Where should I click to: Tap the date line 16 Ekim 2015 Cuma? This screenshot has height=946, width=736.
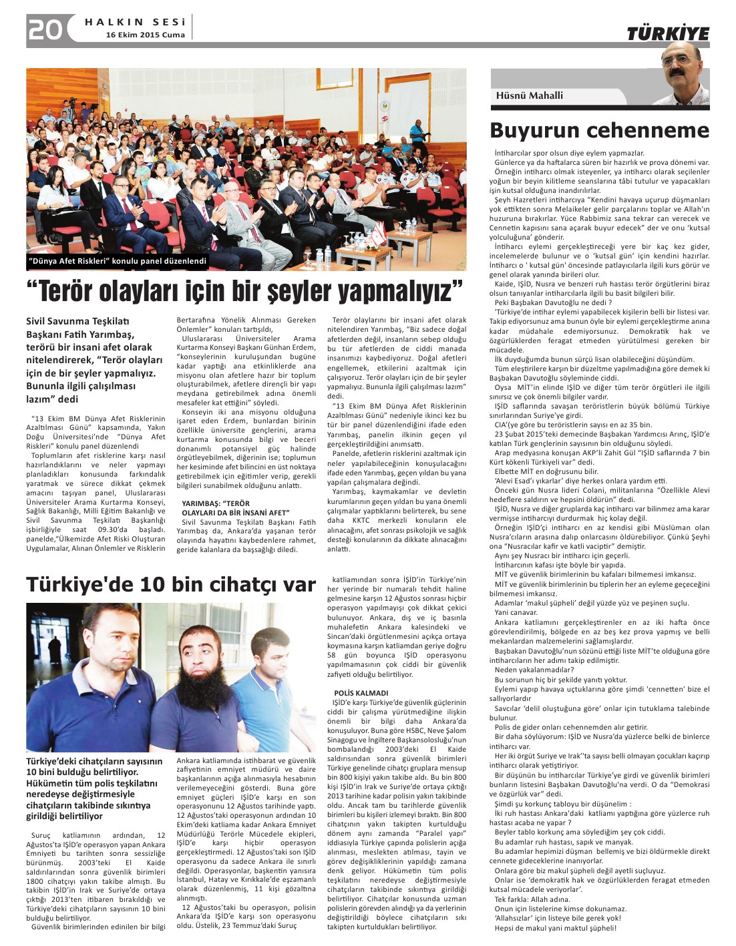point(146,35)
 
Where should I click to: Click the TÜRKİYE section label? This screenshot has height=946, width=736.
point(667,34)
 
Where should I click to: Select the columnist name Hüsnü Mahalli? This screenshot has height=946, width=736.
point(529,95)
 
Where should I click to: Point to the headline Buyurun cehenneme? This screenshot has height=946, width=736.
point(599,130)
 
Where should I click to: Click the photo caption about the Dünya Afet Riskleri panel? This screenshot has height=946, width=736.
point(118,261)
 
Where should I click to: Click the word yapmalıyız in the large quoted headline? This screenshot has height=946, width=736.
point(395,292)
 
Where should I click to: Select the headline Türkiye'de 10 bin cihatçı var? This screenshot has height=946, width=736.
point(170,585)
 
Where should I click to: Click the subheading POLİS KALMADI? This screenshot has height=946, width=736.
point(361,693)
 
